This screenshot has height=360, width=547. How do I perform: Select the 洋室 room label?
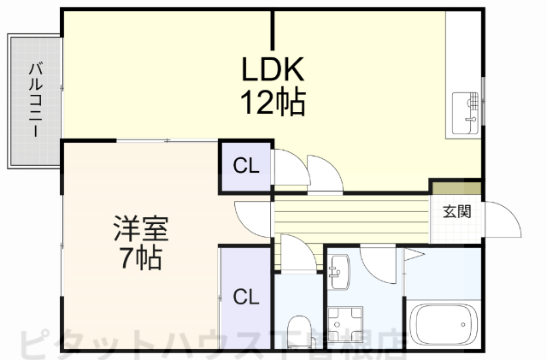click(x=141, y=229)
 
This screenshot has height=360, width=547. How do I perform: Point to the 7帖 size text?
click(x=141, y=259)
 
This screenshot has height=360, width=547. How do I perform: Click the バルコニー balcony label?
click(x=35, y=101)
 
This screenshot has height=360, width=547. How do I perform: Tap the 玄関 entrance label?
click(x=456, y=211)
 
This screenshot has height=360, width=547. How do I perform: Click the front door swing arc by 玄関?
click(x=504, y=219)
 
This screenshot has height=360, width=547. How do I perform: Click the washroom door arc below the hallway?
click(x=377, y=257)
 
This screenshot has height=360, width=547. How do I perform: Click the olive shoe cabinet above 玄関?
click(x=456, y=187)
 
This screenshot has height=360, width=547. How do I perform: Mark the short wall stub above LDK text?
click(x=273, y=30)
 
